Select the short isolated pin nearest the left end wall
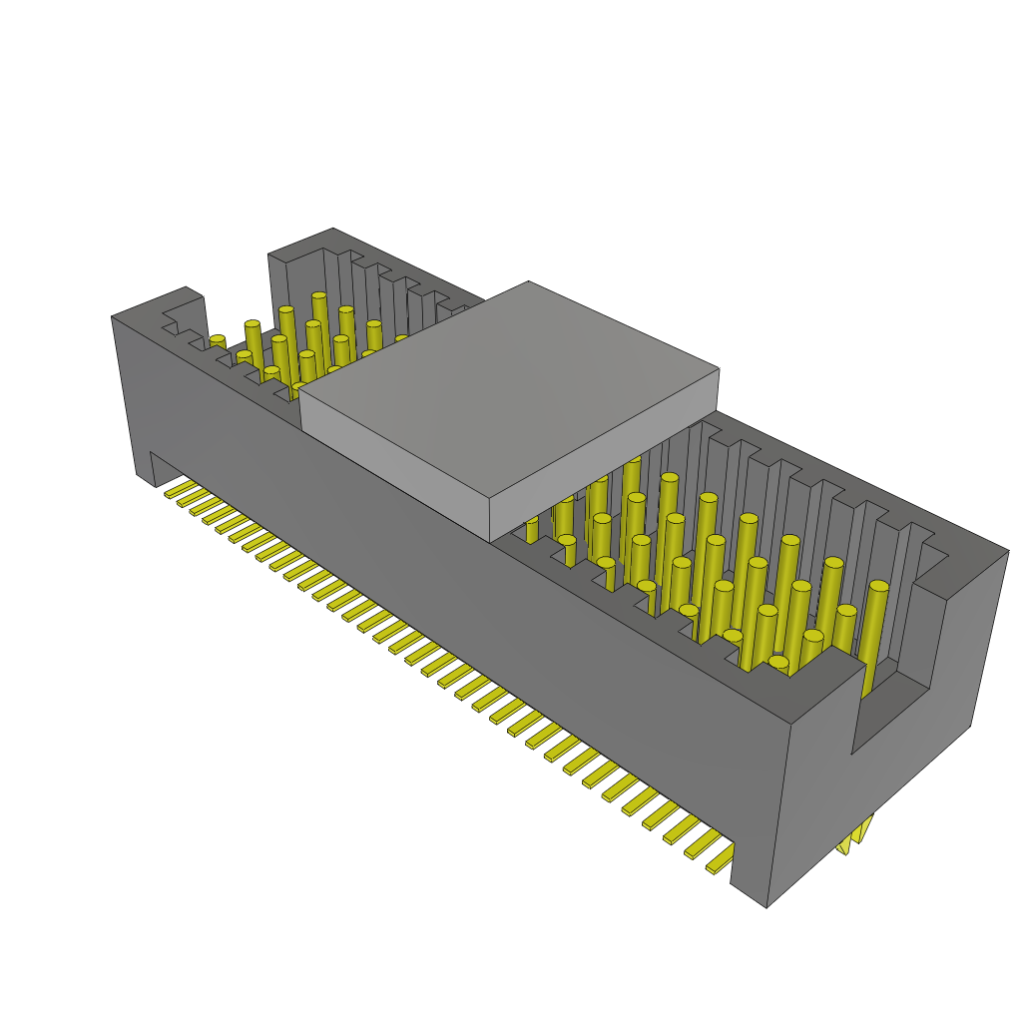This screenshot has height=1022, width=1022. tap(218, 342)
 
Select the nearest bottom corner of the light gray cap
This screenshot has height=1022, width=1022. tap(490, 540)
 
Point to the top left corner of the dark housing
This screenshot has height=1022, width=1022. tap(112, 317)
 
